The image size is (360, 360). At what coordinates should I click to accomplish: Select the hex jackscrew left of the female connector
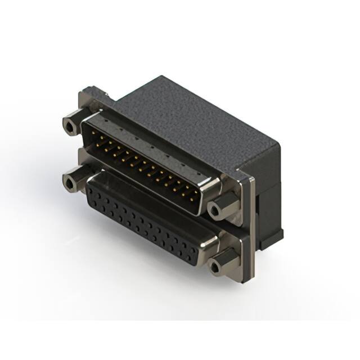(71, 183)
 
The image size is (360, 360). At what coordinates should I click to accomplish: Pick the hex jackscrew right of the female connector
(217, 265)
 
